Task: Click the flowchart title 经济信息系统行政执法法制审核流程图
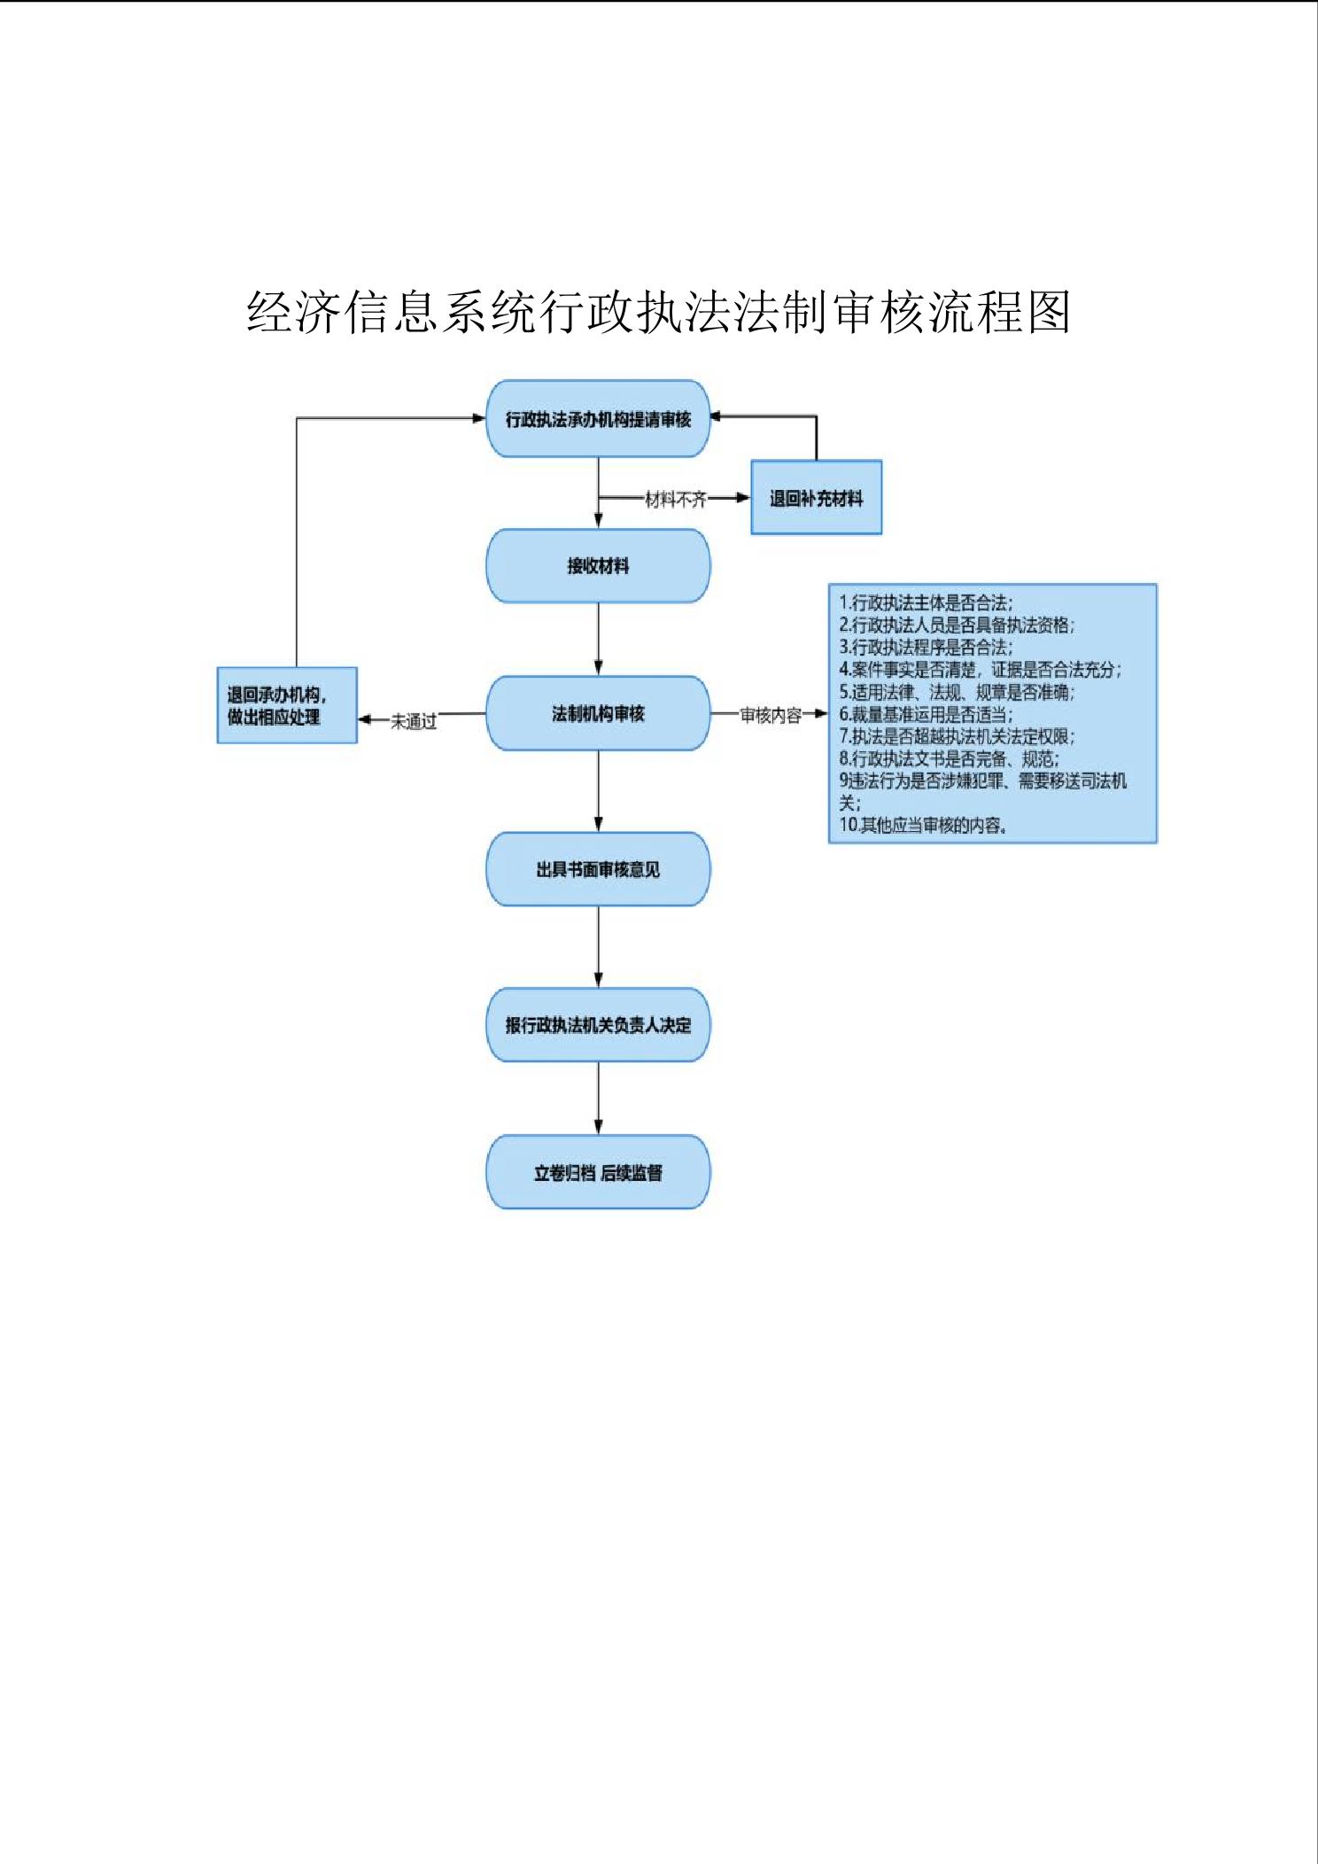[658, 313]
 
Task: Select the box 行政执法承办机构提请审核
[598, 419]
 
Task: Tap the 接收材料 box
[598, 566]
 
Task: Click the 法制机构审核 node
[598, 713]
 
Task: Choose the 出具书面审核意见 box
[598, 869]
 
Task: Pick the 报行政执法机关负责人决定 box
[598, 1025]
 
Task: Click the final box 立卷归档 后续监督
[598, 1172]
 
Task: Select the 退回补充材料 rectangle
[816, 498]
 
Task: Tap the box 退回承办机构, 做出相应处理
[286, 705]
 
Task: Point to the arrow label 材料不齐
[676, 500]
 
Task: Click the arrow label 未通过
[414, 721]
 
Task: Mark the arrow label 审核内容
[771, 715]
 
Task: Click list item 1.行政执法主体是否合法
[926, 603]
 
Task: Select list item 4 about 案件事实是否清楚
[980, 670]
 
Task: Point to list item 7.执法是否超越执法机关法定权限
[957, 736]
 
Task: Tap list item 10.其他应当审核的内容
[923, 826]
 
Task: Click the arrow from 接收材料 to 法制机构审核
[598, 639]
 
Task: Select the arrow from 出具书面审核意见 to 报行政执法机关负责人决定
[598, 946]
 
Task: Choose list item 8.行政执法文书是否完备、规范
[949, 758]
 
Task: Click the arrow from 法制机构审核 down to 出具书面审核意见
[598, 790]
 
